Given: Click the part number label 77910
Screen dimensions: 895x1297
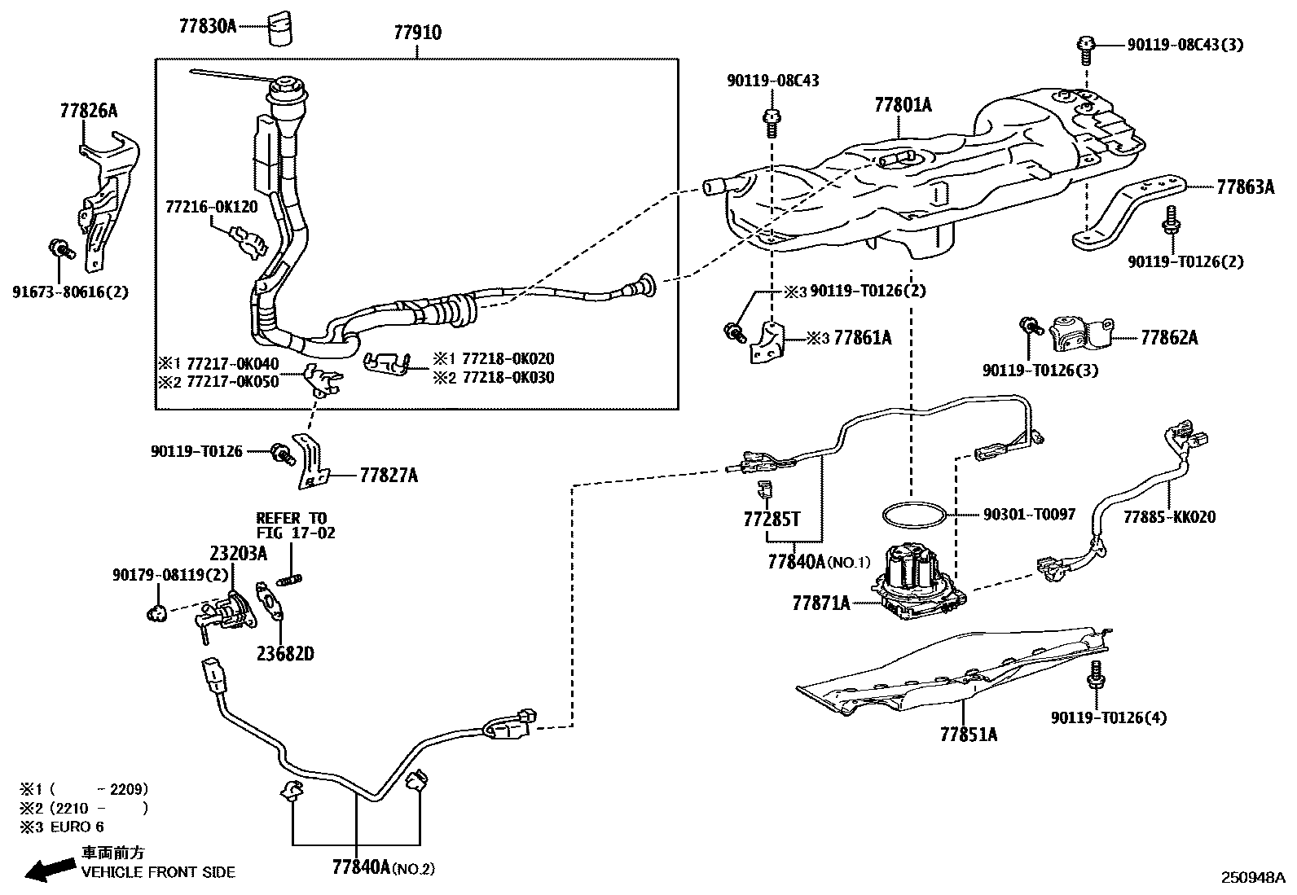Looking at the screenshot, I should (417, 33).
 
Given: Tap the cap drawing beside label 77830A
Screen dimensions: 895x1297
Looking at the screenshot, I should (280, 29).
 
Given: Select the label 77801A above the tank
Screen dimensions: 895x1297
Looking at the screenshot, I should (903, 105).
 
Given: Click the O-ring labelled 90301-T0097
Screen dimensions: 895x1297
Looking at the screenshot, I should (915, 516).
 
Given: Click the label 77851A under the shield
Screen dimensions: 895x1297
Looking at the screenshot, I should (968, 735).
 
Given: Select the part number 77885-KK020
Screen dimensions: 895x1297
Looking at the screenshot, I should (1169, 517).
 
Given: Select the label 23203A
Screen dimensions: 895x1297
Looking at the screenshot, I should (238, 554).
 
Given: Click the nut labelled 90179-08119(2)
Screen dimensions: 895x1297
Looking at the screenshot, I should (157, 612).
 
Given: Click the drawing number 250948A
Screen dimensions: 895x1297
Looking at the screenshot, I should (1251, 877).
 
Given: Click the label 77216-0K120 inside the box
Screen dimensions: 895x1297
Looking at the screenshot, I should (212, 207).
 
